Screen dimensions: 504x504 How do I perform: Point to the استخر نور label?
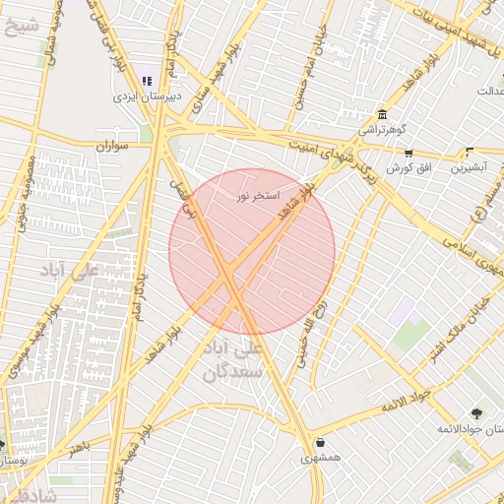[258, 196]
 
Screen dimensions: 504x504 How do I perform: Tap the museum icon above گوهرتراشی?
[383, 114]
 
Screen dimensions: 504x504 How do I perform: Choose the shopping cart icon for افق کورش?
[409, 153]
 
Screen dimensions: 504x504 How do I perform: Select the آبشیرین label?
[470, 168]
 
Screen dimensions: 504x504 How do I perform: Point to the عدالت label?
[490, 92]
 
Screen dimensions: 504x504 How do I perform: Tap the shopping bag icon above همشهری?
[321, 442]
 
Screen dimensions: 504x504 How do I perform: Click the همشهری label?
[321, 458]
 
